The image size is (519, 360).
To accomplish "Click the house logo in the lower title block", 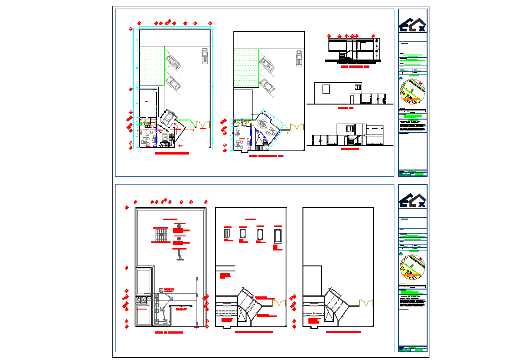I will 413,201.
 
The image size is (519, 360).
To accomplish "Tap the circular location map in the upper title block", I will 413,92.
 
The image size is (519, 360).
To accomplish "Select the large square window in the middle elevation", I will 326,89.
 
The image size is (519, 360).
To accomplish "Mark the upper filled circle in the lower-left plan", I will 179,226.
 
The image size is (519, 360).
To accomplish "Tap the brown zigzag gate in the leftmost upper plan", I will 202,123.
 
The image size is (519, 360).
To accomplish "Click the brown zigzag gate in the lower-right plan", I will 367,302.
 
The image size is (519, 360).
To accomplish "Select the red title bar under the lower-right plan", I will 343,332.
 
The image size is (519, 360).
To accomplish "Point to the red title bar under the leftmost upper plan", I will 172,154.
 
